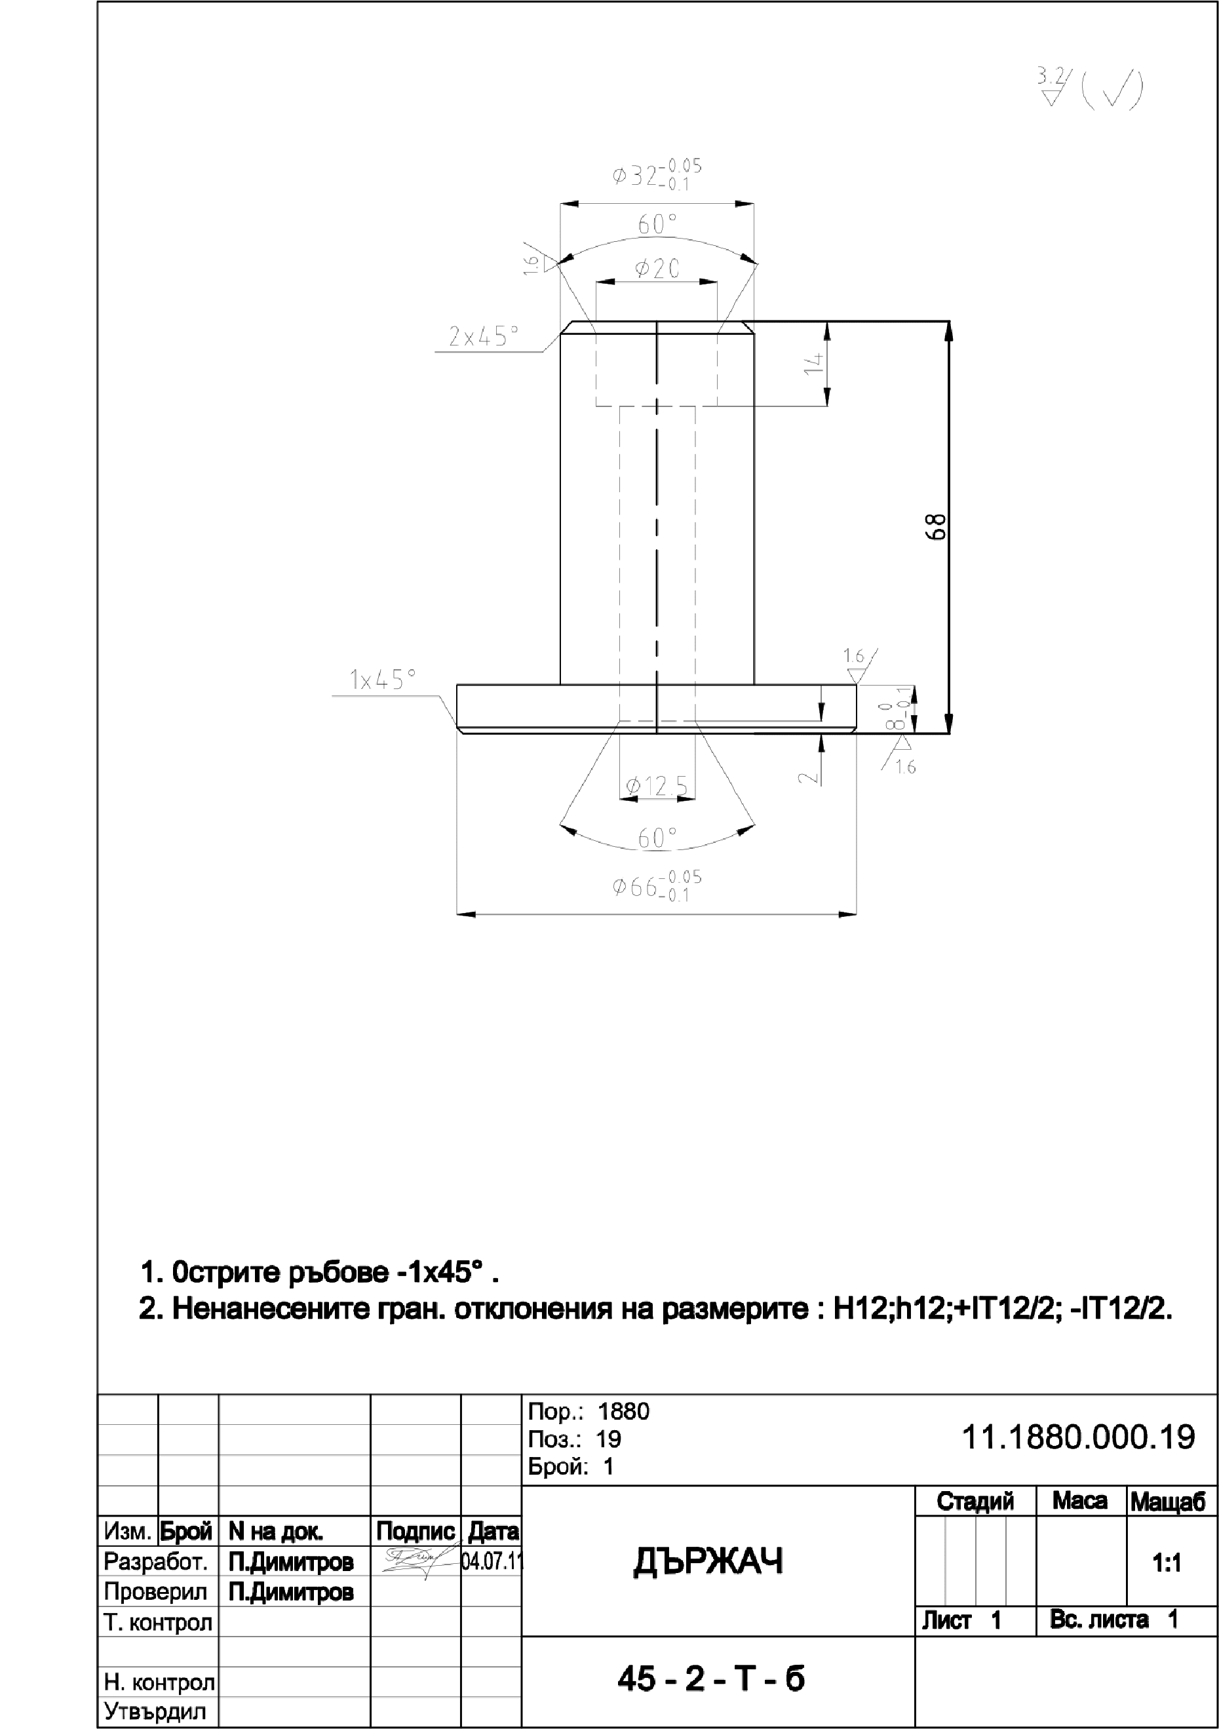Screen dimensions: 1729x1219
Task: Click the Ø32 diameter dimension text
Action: (x=657, y=175)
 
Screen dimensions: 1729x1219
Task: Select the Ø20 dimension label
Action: (x=657, y=269)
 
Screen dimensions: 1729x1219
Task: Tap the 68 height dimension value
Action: (x=935, y=526)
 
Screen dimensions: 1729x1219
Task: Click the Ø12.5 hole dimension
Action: (x=657, y=787)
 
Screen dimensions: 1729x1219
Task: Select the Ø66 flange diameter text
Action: (x=657, y=886)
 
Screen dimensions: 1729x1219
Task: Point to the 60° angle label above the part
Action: (x=657, y=224)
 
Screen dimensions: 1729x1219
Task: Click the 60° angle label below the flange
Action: (x=657, y=838)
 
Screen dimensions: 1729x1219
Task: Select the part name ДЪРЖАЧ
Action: (x=708, y=1562)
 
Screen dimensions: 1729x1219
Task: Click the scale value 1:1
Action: (x=1167, y=1563)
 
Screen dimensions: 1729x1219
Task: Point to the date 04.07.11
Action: (x=491, y=1561)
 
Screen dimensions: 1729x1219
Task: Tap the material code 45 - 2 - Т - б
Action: (x=711, y=1679)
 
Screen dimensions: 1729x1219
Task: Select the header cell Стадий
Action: (x=975, y=1501)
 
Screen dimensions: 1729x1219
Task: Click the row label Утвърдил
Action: (x=155, y=1711)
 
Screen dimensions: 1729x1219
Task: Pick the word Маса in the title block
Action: (x=1079, y=1501)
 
